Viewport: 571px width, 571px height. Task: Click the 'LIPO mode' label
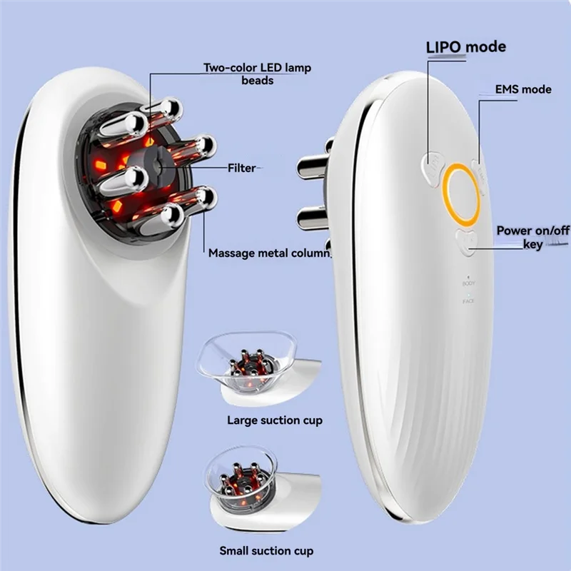(466, 47)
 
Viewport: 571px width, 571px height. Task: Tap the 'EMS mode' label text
(523, 89)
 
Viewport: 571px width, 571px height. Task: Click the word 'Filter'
(241, 168)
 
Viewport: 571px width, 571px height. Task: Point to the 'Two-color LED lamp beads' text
(257, 74)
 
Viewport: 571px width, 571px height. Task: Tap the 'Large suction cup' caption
(274, 420)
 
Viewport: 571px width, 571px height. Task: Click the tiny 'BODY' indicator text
(468, 284)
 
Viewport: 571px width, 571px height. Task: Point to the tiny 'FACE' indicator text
(468, 302)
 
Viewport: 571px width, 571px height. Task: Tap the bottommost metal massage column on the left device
(166, 216)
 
